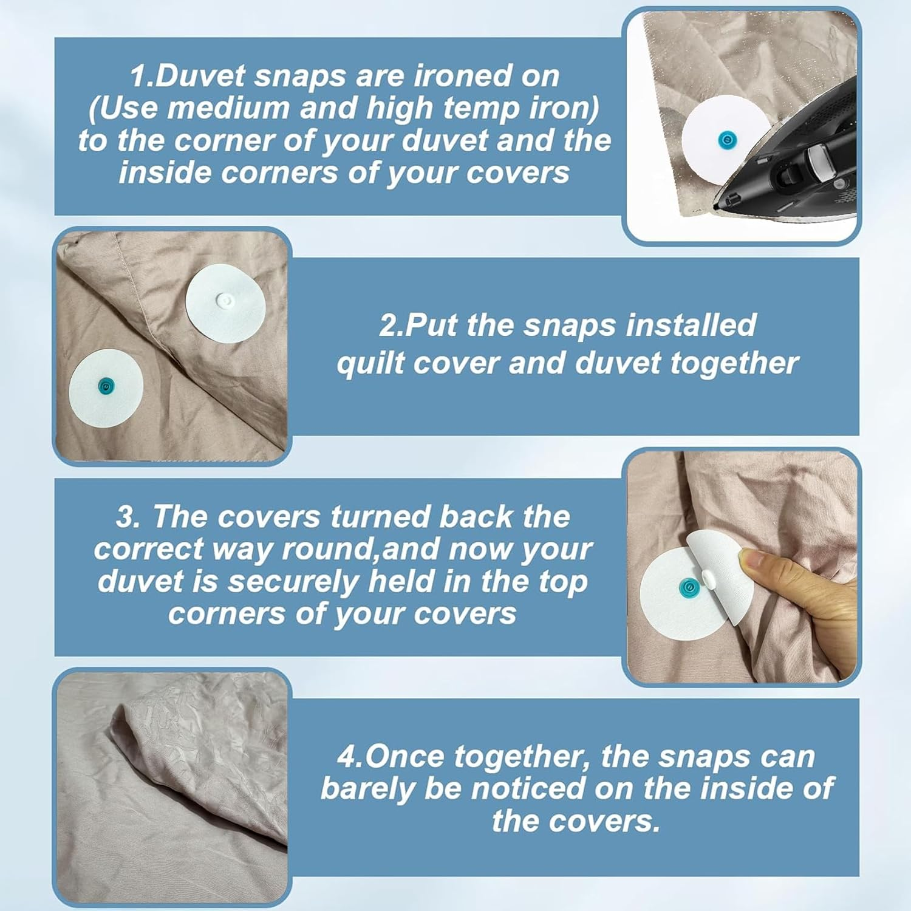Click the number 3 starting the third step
126,517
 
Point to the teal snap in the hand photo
686,586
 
